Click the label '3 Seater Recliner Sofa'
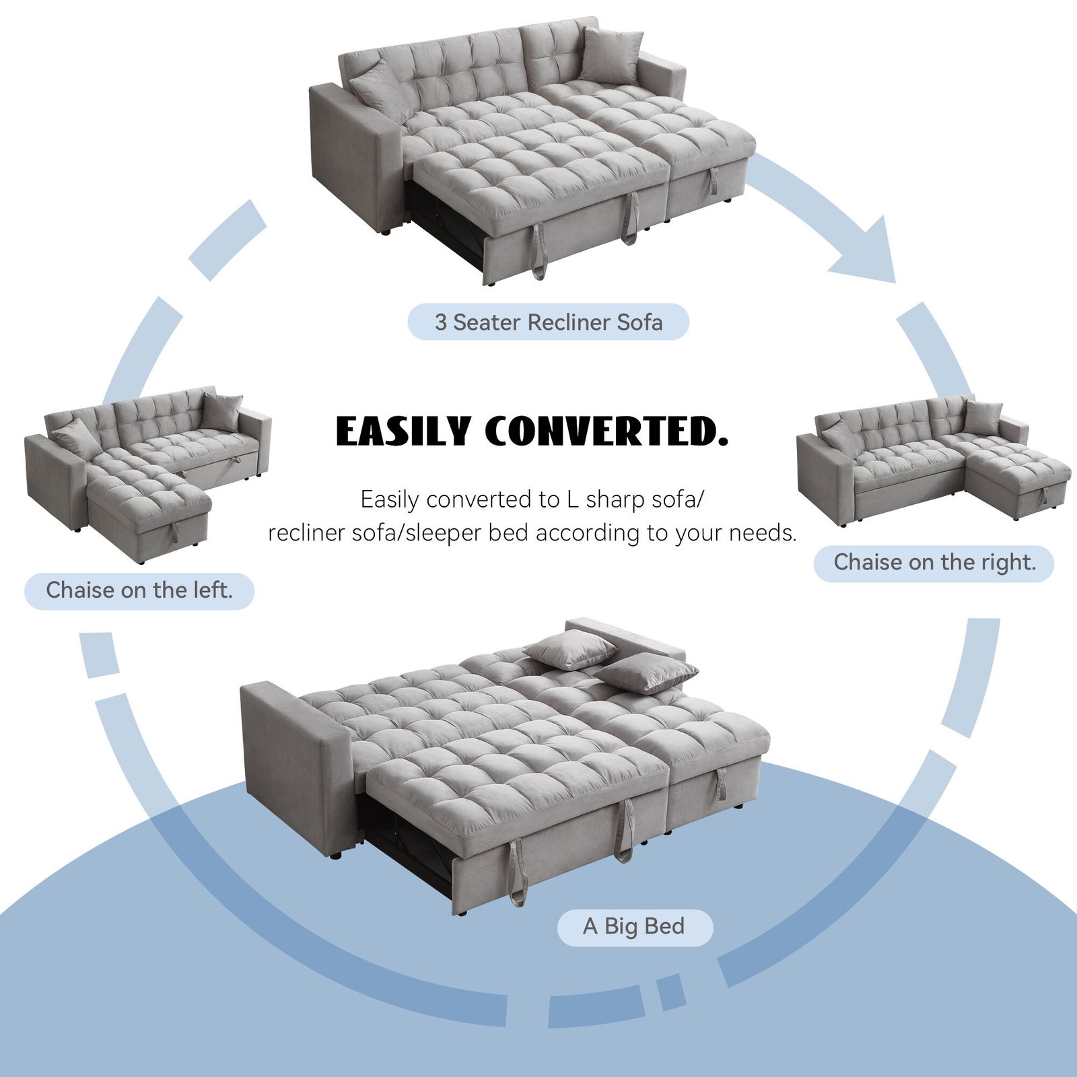click(x=548, y=322)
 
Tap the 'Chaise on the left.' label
click(x=139, y=590)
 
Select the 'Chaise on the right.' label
click(x=934, y=562)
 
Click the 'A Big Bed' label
click(x=634, y=926)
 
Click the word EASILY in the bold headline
click(x=403, y=431)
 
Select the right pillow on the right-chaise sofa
click(x=983, y=417)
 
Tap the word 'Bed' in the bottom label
click(x=664, y=926)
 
